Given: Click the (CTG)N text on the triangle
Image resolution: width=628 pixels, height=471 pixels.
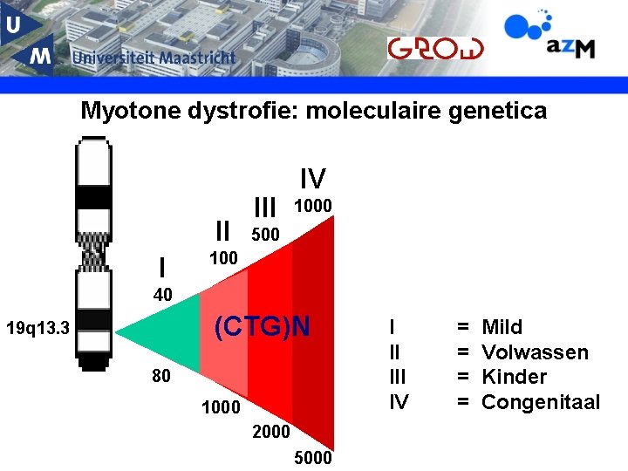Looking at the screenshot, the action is tap(262, 327).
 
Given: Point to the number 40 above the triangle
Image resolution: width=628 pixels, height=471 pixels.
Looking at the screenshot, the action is tap(162, 296).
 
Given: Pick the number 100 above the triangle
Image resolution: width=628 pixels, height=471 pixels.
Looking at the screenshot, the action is tap(223, 258).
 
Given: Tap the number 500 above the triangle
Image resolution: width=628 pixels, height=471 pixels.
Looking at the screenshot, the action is tap(265, 235).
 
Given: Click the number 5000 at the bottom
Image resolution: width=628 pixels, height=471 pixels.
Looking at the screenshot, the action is tap(313, 458).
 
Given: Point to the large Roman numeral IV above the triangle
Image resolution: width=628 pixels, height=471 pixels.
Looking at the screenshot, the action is tap(312, 180).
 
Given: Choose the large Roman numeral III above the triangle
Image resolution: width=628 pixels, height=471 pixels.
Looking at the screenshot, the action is tap(264, 208).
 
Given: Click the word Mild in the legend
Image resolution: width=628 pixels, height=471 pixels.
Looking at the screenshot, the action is tap(502, 327).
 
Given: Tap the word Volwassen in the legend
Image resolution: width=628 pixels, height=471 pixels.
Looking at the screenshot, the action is tap(535, 352).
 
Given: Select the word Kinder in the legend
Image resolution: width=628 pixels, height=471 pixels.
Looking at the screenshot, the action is tap(515, 377).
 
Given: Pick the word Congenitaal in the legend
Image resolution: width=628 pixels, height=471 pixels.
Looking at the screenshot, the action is tap(541, 402).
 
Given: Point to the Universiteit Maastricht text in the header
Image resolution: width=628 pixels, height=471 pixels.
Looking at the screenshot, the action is tap(154, 58).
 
